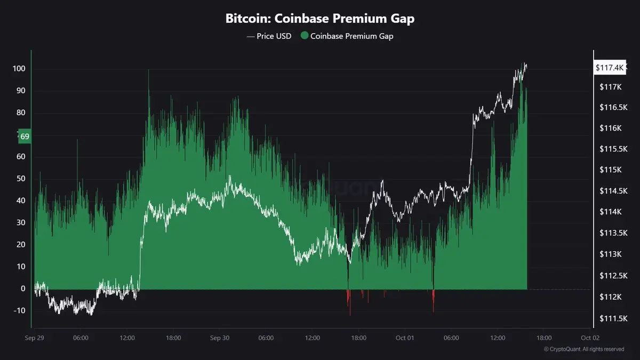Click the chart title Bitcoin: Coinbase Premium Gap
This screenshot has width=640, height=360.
pyautogui.click(x=319, y=18)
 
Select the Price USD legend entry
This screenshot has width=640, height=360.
pyautogui.click(x=269, y=36)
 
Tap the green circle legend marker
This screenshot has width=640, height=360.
pyautogui.click(x=305, y=36)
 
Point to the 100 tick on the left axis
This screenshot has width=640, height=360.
pyautogui.click(x=20, y=69)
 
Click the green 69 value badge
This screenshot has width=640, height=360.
pyautogui.click(x=25, y=137)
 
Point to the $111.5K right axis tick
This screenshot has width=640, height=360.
pyautogui.click(x=611, y=318)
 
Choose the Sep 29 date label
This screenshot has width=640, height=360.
pyautogui.click(x=34, y=338)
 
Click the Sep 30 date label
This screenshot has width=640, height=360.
pyautogui.click(x=219, y=338)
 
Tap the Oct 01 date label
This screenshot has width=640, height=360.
pyautogui.click(x=405, y=338)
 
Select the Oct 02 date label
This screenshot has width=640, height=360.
pyautogui.click(x=590, y=338)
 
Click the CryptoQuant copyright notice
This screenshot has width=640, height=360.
pyautogui.click(x=584, y=349)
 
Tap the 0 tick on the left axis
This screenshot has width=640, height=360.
pyautogui.click(x=23, y=289)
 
